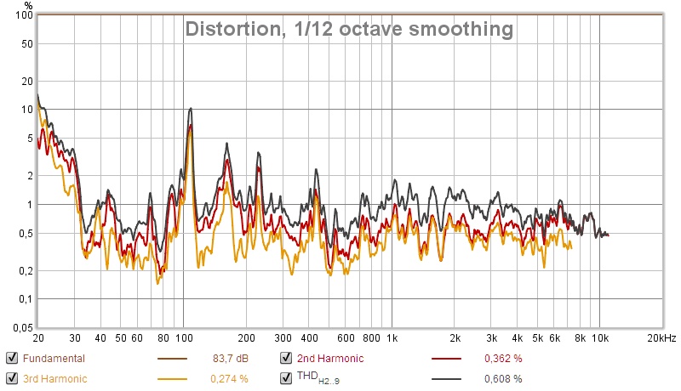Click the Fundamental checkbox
(12, 358)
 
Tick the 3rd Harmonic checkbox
(12, 378)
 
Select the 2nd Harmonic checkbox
(285, 358)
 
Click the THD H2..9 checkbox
(285, 378)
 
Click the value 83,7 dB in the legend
(230, 359)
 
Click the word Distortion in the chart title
(226, 30)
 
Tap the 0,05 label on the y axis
(21, 327)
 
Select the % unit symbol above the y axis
(28, 6)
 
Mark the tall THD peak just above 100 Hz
(191, 109)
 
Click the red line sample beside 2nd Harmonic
(444, 359)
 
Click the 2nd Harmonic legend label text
(329, 359)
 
